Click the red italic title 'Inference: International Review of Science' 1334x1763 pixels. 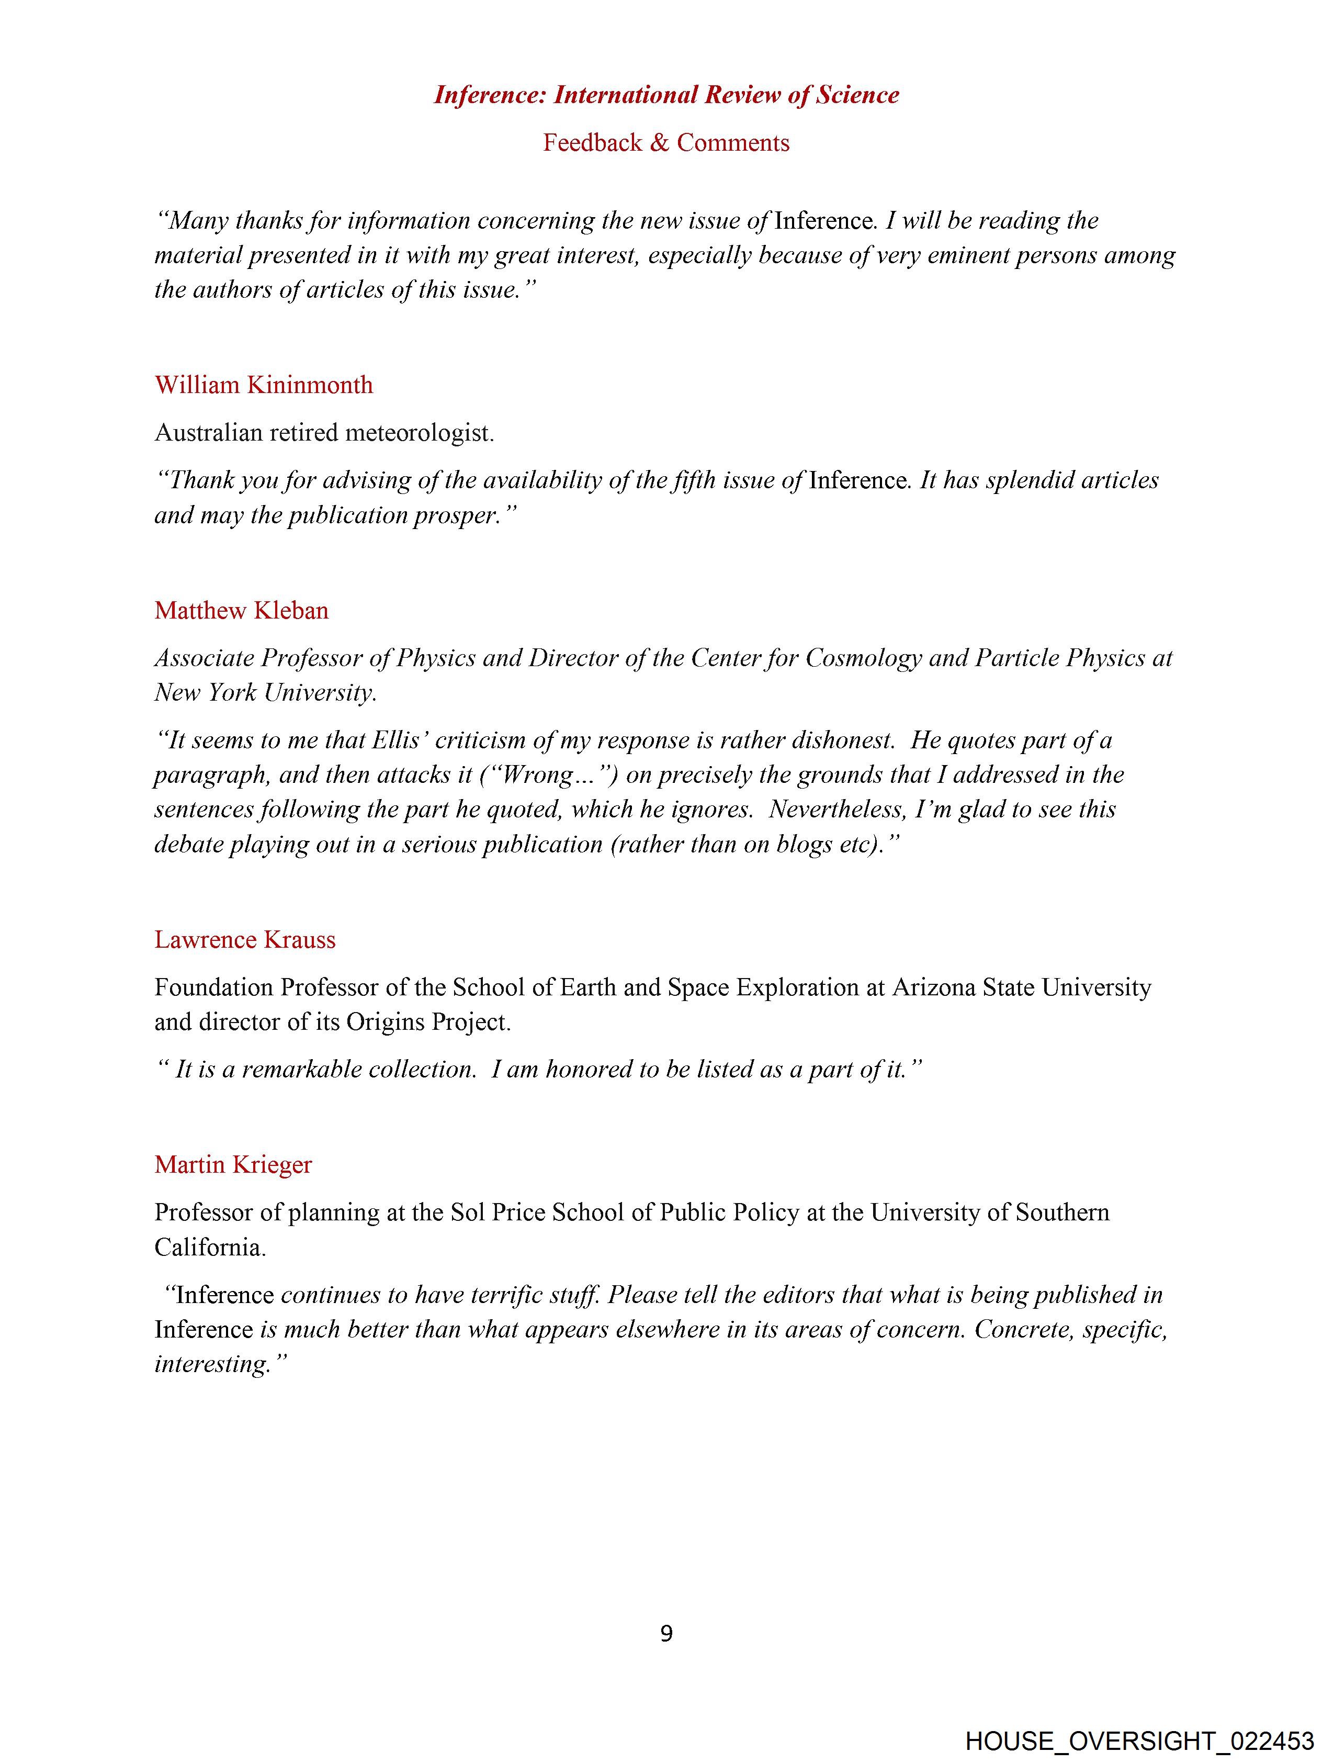tap(666, 95)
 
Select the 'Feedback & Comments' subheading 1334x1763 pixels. tap(666, 143)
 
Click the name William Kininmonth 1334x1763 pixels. tap(264, 385)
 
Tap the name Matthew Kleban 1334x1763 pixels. tap(242, 611)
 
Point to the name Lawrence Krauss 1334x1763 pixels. tap(245, 940)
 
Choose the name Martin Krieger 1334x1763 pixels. tap(233, 1164)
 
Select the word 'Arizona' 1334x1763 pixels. tap(933, 987)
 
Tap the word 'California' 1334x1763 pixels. tap(210, 1248)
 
